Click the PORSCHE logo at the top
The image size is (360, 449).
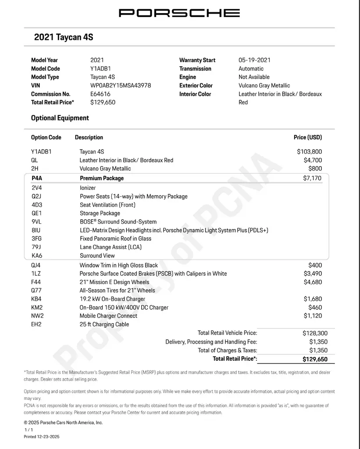(x=179, y=13)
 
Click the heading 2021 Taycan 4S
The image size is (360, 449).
(x=64, y=37)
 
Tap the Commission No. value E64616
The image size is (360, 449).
(x=100, y=94)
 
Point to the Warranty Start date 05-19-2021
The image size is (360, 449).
(x=254, y=60)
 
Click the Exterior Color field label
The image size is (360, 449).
(x=196, y=86)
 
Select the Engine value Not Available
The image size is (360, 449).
(x=254, y=77)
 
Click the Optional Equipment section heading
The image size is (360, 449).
(x=60, y=118)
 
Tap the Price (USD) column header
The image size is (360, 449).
(x=307, y=137)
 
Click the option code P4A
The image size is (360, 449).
(x=37, y=178)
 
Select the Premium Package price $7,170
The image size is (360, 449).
(x=312, y=178)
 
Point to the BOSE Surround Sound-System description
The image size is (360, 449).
(x=118, y=222)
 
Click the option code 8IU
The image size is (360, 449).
(x=36, y=230)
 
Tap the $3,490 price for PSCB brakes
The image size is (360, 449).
(x=312, y=274)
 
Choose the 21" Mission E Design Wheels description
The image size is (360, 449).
(x=114, y=282)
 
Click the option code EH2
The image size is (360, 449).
(x=37, y=324)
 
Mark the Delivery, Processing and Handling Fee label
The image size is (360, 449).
(x=211, y=342)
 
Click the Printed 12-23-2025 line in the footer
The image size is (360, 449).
(x=41, y=437)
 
